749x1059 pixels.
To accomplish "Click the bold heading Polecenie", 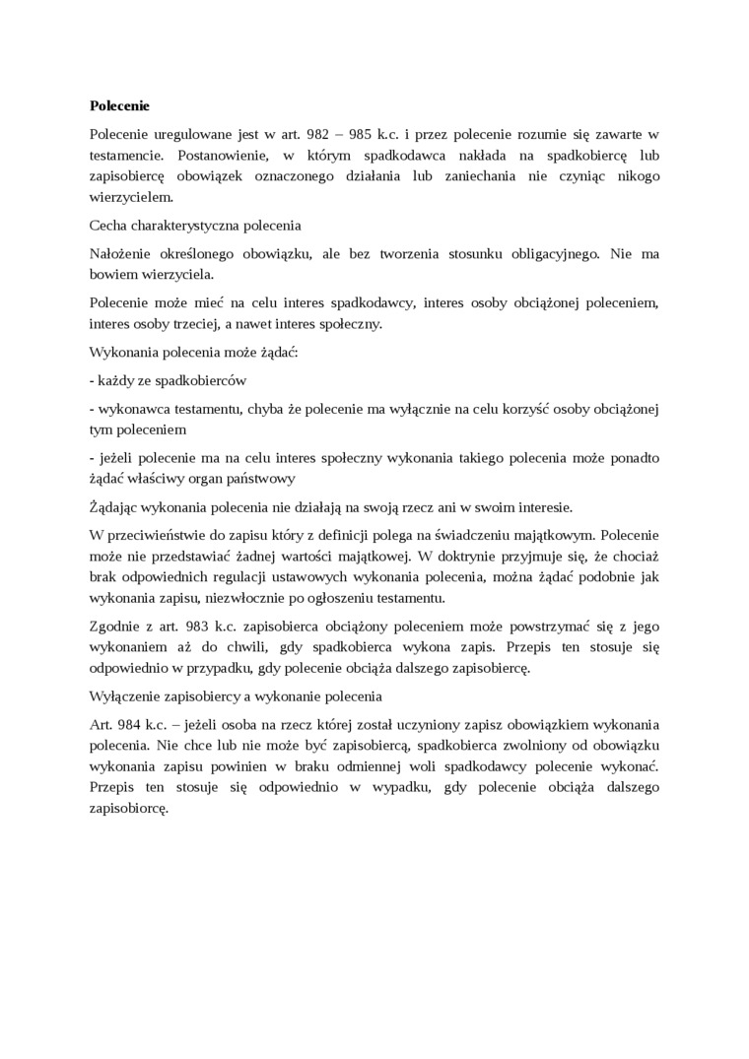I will click(119, 105).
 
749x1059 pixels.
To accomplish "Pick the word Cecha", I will click(107, 226).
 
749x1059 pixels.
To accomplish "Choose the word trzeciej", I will click(208, 323).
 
